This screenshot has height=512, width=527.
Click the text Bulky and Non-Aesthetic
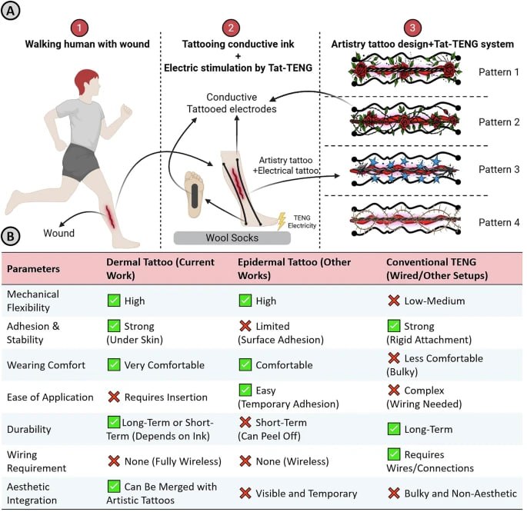click(x=459, y=493)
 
